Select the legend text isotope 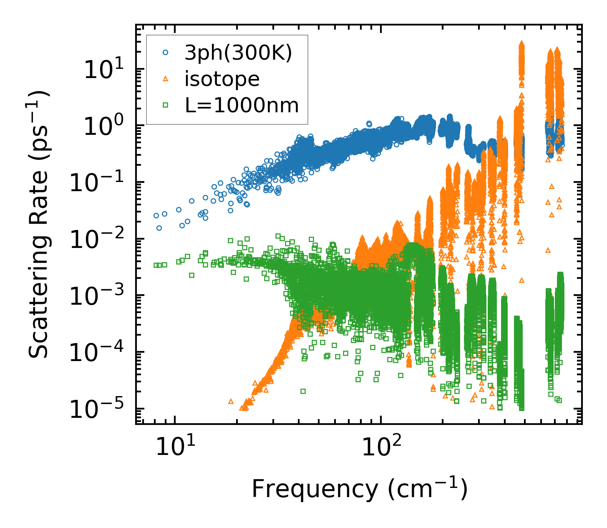point(222,79)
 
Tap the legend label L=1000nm point(242,106)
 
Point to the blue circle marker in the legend point(166,53)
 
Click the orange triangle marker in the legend point(166,79)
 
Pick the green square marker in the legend point(166,106)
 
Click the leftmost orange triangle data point point(231,401)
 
